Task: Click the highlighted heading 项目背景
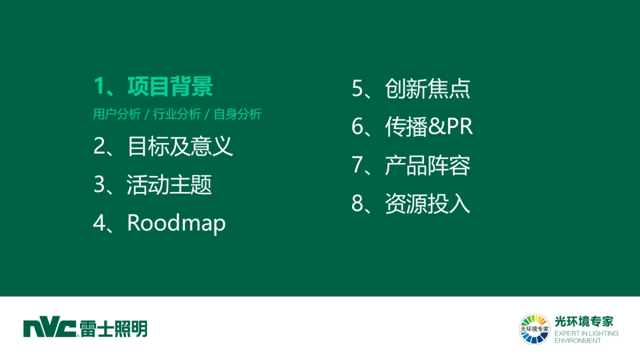click(170, 87)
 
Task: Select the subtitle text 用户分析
click(117, 114)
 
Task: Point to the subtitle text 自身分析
click(237, 114)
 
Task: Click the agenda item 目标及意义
click(180, 146)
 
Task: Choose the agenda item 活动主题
click(169, 185)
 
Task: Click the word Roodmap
click(176, 223)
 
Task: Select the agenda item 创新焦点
click(428, 89)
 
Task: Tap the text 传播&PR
click(429, 127)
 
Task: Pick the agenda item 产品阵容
click(428, 165)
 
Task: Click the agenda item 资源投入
click(428, 204)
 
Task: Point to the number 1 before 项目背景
click(99, 87)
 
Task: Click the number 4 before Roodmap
click(100, 223)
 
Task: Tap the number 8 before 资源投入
click(358, 204)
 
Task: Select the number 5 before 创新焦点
click(358, 89)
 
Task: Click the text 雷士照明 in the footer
click(114, 329)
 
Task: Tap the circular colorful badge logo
click(534, 329)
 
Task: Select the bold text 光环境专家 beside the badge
click(584, 321)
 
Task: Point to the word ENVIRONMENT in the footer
click(578, 340)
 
